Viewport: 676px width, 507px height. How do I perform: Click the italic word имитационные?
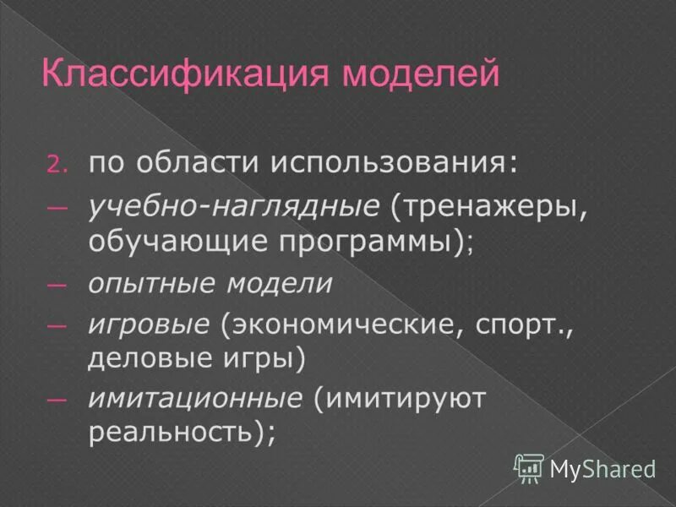point(194,398)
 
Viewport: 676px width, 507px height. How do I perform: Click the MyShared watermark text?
point(602,467)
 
